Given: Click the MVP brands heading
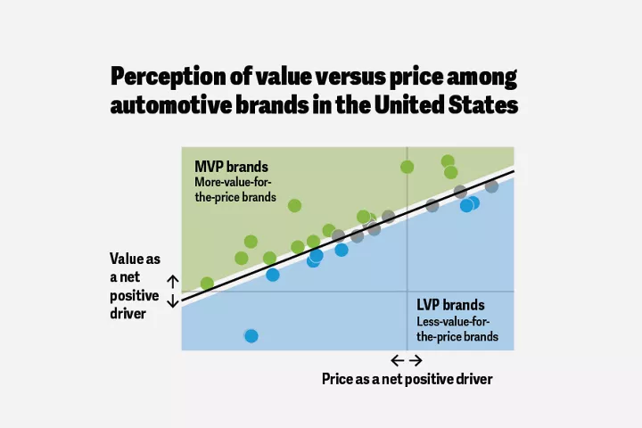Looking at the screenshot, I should pyautogui.click(x=231, y=167).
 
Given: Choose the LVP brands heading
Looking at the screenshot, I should pyautogui.click(x=450, y=304).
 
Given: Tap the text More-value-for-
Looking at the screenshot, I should pyautogui.click(x=232, y=182).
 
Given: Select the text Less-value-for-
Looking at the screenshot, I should pyautogui.click(x=453, y=321).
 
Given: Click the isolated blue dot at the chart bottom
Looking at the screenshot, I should pyautogui.click(x=251, y=336).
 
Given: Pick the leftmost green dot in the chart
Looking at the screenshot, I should pyautogui.click(x=207, y=284).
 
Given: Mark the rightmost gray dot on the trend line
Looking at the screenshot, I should pyautogui.click(x=491, y=186).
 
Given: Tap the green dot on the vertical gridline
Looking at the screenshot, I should pyautogui.click(x=407, y=167).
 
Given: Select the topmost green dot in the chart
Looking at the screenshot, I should pyautogui.click(x=448, y=161).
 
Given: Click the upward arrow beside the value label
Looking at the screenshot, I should pyautogui.click(x=173, y=283).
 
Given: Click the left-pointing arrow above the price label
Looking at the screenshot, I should pyautogui.click(x=397, y=360).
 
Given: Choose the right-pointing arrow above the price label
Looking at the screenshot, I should pyautogui.click(x=416, y=360).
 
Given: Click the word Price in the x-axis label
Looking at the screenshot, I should pyautogui.click(x=338, y=379).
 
